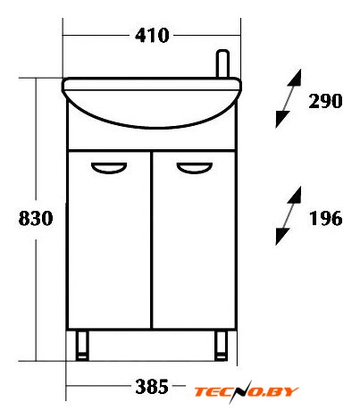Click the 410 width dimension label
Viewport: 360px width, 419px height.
[x=152, y=36]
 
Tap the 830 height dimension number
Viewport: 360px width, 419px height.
[x=36, y=218]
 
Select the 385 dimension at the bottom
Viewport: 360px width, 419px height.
[x=152, y=387]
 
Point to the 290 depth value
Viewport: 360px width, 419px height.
[x=325, y=101]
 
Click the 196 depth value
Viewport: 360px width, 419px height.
[x=326, y=218]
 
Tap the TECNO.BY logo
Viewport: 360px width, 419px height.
[x=246, y=391]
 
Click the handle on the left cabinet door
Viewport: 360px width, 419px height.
[x=109, y=168]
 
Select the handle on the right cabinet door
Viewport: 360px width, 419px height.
[x=195, y=168]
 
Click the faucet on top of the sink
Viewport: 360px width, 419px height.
[x=223, y=63]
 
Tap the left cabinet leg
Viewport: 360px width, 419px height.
[x=82, y=346]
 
